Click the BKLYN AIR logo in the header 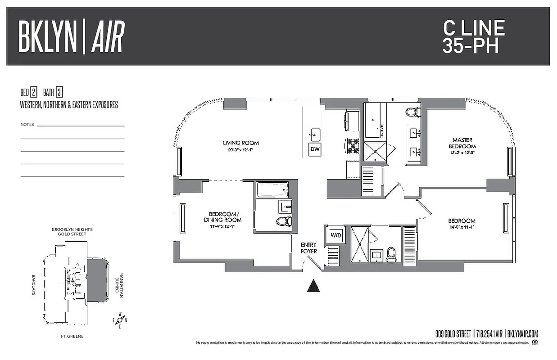71,37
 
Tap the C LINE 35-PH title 474,37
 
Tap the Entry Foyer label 309,248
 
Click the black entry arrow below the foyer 313,285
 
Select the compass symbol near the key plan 120,320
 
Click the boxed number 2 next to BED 34,93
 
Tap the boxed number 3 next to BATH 59,93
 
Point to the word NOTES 27,124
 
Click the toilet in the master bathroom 411,112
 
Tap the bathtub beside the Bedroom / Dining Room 272,190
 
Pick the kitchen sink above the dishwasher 315,133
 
